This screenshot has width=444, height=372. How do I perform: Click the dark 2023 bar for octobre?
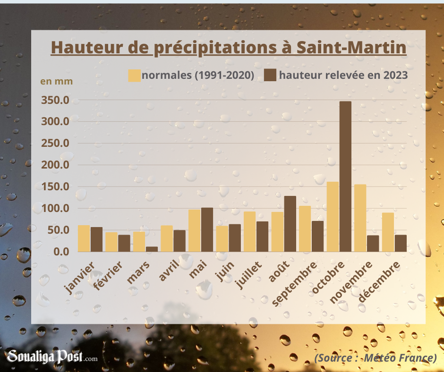click(x=345, y=177)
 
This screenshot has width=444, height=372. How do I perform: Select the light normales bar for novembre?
click(x=360, y=218)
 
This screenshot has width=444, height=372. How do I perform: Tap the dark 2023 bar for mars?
click(x=152, y=249)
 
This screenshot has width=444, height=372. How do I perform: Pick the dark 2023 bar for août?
click(x=290, y=224)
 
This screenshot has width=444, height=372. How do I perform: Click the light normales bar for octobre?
click(x=333, y=217)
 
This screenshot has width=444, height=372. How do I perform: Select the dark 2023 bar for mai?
click(x=207, y=229)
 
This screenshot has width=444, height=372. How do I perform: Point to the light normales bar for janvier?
click(x=84, y=238)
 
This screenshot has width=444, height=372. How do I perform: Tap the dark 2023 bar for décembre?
click(x=401, y=243)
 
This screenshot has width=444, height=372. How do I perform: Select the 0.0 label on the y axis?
click(x=61, y=252)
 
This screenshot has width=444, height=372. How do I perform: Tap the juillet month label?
click(x=249, y=275)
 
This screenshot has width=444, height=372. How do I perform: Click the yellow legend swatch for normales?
click(x=134, y=76)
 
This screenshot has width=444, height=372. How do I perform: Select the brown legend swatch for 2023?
click(x=270, y=76)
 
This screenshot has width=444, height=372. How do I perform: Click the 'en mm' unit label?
click(x=57, y=81)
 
